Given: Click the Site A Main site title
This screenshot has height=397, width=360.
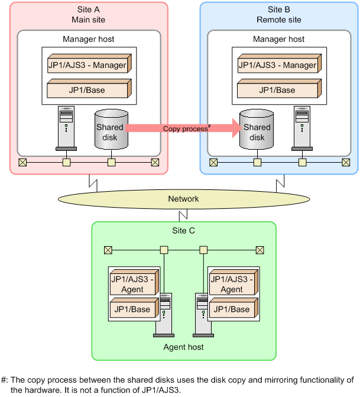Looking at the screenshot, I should coord(89,15).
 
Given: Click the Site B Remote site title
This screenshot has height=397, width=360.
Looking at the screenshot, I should coord(278,15).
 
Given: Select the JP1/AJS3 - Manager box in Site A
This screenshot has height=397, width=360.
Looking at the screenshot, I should coord(88,64).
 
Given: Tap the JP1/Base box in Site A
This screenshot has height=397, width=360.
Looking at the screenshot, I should coord(88,90).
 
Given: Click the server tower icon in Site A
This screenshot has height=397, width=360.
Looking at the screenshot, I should coord(66,127).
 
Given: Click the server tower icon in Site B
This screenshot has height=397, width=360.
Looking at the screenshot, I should coord(301,127).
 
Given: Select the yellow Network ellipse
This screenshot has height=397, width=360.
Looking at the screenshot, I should coord(183,199).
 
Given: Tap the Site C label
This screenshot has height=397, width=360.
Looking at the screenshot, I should coord(183,230).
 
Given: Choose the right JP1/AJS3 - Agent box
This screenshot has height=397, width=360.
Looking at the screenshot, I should coord(232,283).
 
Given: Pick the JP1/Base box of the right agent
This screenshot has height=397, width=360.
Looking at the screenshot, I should coord(232,309).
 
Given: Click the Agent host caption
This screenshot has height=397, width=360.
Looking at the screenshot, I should coord(183,347).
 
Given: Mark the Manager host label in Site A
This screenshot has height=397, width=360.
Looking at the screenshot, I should coord(89,39).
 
